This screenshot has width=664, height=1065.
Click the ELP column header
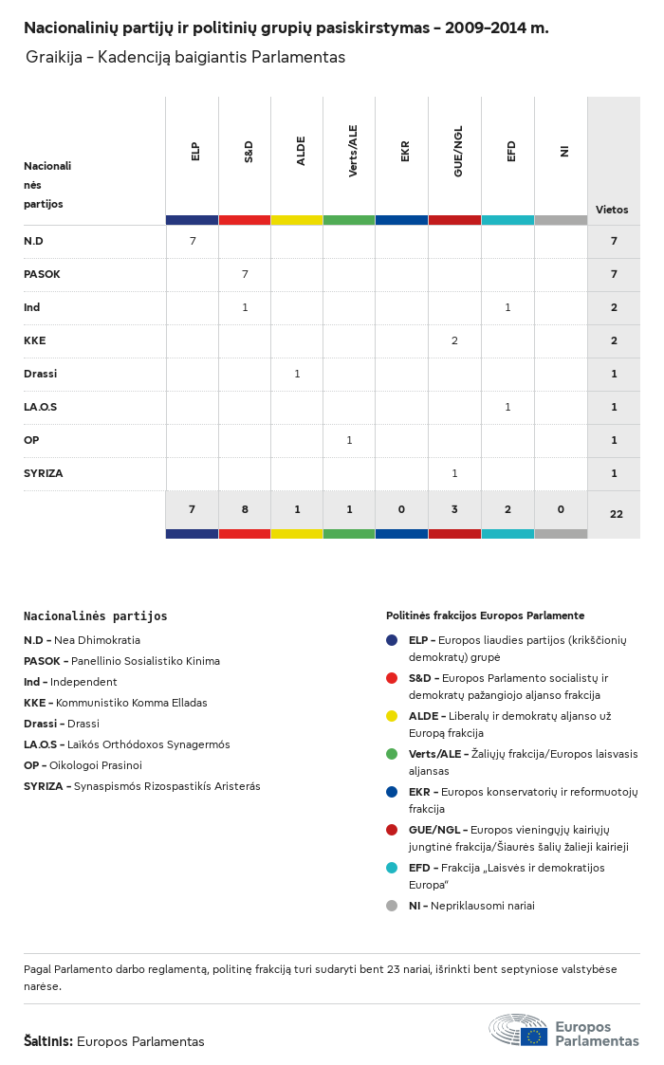tap(195, 151)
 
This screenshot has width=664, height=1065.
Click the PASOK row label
tap(42, 274)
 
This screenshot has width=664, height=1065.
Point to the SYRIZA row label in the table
tap(44, 473)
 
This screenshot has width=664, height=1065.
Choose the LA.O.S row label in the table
tap(41, 407)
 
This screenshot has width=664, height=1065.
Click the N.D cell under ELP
tap(193, 241)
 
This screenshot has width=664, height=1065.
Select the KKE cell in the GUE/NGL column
tap(454, 340)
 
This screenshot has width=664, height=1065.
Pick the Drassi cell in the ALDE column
tap(297, 374)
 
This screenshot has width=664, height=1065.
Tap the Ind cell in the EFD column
tap(507, 307)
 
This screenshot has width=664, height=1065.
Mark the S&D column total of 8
tap(245, 509)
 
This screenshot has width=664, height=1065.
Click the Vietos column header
tap(612, 210)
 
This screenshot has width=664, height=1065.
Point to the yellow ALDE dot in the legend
tap(392, 716)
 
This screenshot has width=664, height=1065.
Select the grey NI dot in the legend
tap(392, 906)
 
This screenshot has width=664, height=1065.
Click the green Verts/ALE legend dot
tap(392, 754)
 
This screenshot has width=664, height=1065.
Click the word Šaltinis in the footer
tap(47, 1041)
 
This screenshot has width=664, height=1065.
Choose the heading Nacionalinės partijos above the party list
tap(95, 616)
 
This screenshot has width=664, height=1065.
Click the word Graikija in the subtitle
tap(52, 58)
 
